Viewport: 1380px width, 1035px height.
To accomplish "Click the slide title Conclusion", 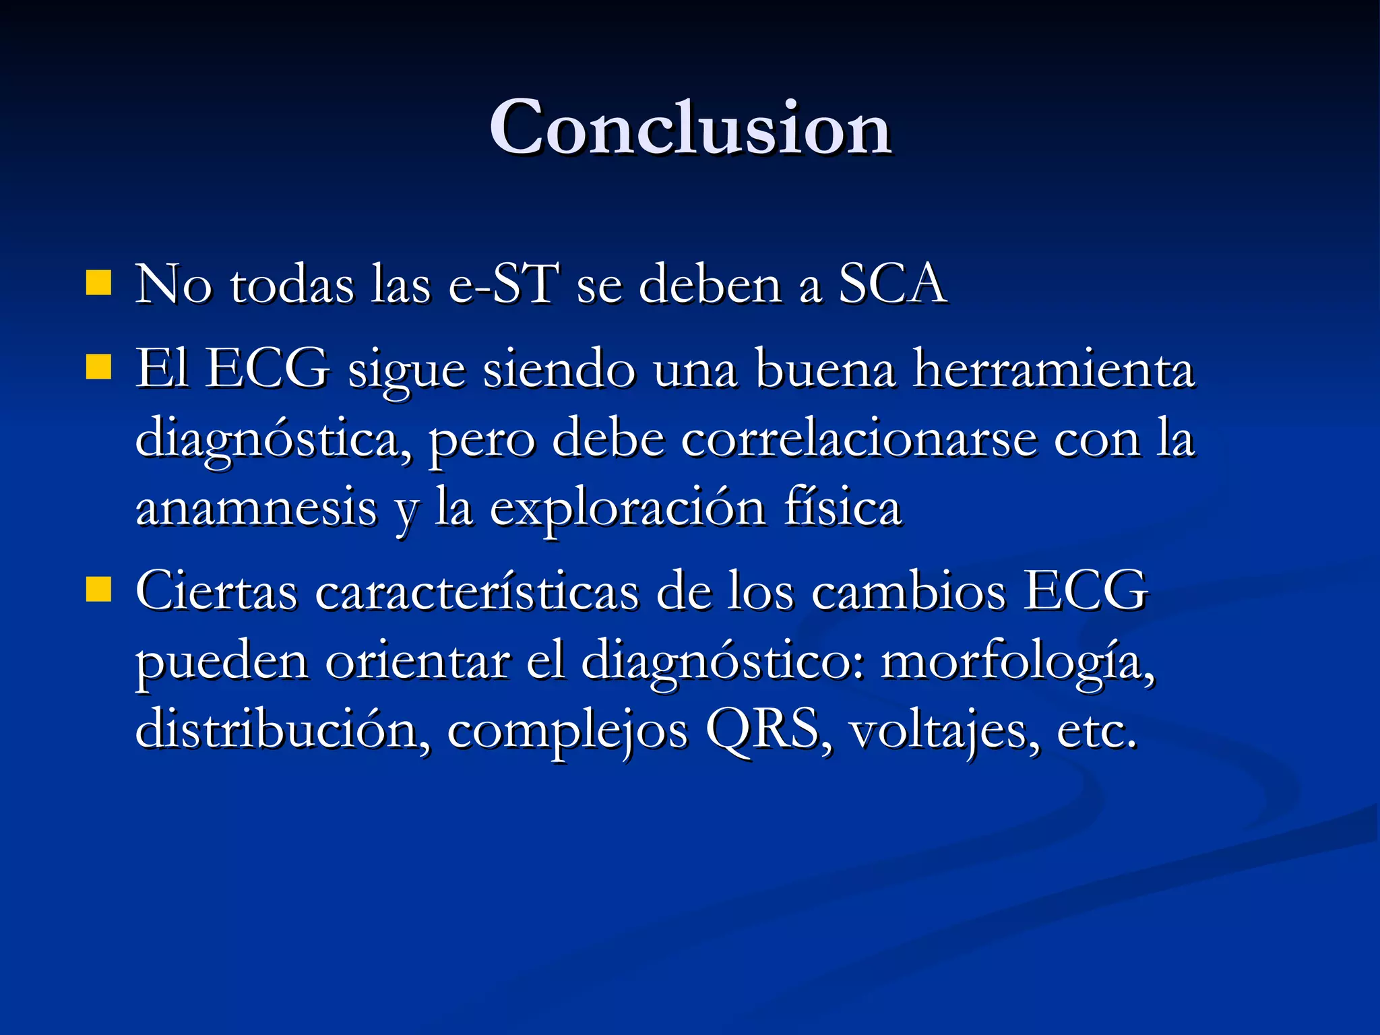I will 690,128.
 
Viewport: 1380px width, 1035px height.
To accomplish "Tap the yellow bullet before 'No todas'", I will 98,284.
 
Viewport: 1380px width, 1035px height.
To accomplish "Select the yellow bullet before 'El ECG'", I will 98,368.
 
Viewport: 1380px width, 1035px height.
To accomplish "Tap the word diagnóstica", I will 273,439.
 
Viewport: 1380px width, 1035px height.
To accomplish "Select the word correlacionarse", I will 858,438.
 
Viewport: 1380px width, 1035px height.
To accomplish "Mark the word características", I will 476,592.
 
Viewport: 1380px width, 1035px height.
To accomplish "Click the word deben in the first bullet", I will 710,284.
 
